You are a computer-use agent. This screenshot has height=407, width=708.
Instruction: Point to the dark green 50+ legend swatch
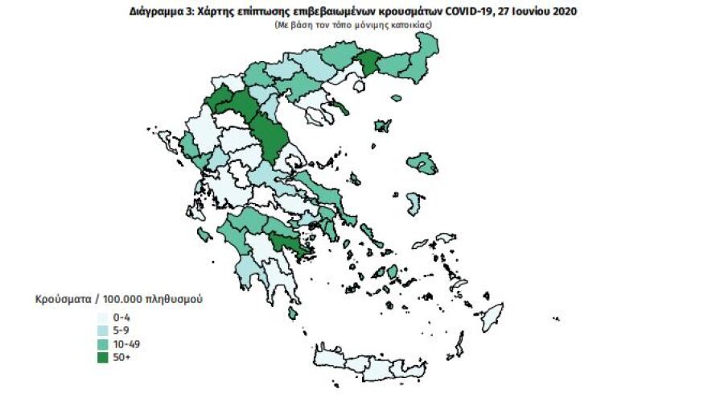pos(103,356)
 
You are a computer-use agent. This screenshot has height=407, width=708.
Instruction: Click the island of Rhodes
pos(490,313)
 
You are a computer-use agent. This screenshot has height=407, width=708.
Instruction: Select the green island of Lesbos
pos(422,164)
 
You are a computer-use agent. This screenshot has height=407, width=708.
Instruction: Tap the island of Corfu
pos(168,143)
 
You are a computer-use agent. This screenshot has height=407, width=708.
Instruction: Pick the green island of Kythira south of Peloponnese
pos(293,312)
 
